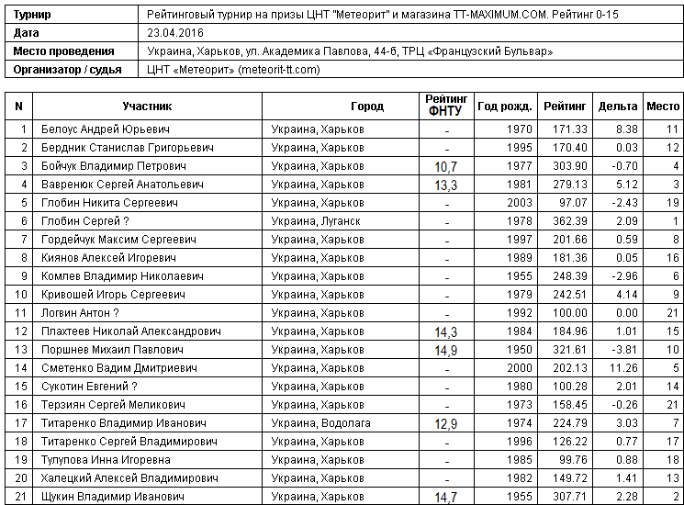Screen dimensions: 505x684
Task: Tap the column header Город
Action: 367,107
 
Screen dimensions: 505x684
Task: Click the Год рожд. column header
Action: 505,107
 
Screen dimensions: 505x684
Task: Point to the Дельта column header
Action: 617,107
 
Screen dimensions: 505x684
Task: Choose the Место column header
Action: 663,107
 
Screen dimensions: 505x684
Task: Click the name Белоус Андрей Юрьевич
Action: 106,129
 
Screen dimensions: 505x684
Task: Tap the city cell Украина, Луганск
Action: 316,221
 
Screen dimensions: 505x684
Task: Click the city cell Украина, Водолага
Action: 320,423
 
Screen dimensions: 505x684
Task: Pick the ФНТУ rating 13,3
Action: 446,185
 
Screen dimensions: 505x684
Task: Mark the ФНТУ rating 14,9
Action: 446,351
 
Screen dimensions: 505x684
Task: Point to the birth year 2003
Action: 519,203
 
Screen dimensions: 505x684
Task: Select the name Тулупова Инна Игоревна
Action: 106,460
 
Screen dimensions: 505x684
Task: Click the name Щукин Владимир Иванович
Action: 106,497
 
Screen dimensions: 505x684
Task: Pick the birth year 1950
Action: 519,350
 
